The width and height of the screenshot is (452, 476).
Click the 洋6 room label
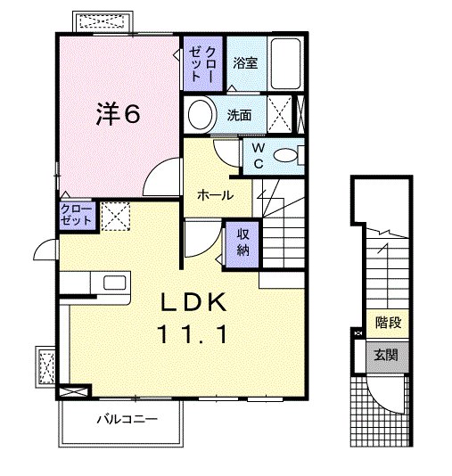119,113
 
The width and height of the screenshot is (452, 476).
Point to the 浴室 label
246,62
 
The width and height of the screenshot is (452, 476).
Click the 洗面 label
239,114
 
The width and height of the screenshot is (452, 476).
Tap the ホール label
215,195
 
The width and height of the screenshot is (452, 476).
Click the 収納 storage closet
242,241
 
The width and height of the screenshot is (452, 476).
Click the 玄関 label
387,355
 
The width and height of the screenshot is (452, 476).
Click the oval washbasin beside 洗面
201,114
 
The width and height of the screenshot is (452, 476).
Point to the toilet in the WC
287,155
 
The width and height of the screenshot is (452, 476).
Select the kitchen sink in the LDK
115,283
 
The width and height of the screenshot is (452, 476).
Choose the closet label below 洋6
77,215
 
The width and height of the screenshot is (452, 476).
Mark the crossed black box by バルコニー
74,390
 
